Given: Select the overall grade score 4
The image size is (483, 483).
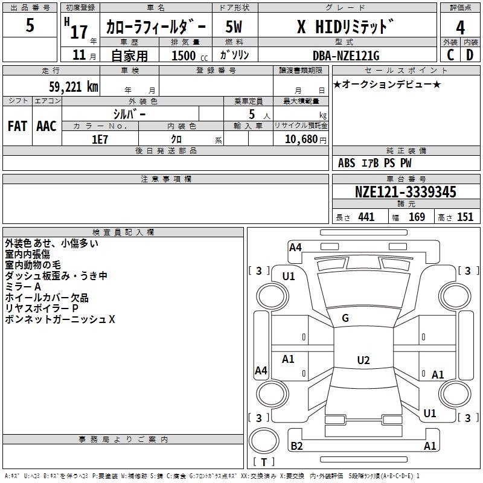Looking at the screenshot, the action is (x=461, y=28).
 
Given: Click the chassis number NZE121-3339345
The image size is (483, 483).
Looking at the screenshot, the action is (x=405, y=193).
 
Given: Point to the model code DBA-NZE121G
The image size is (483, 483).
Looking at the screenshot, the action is (x=346, y=56).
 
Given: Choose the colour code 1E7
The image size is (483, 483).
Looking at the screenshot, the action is (x=100, y=139).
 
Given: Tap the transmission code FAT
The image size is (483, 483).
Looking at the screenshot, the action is (x=17, y=126).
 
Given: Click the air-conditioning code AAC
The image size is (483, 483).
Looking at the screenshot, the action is (x=46, y=126).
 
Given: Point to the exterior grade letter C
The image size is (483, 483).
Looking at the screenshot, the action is (x=450, y=55).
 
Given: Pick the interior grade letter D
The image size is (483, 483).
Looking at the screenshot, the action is (x=470, y=55).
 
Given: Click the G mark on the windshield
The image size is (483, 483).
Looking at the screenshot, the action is (x=345, y=318).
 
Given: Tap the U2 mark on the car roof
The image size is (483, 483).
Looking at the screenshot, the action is (x=363, y=360).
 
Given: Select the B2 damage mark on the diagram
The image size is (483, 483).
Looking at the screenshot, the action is (x=296, y=446).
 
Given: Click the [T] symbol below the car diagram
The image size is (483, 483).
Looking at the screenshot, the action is (x=264, y=462).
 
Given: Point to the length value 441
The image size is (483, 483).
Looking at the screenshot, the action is (x=366, y=217).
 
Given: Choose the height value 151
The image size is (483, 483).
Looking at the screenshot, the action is (x=465, y=217).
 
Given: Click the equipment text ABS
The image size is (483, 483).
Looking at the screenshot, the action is (x=347, y=163).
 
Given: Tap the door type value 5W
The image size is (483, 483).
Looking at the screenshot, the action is (x=234, y=27).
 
